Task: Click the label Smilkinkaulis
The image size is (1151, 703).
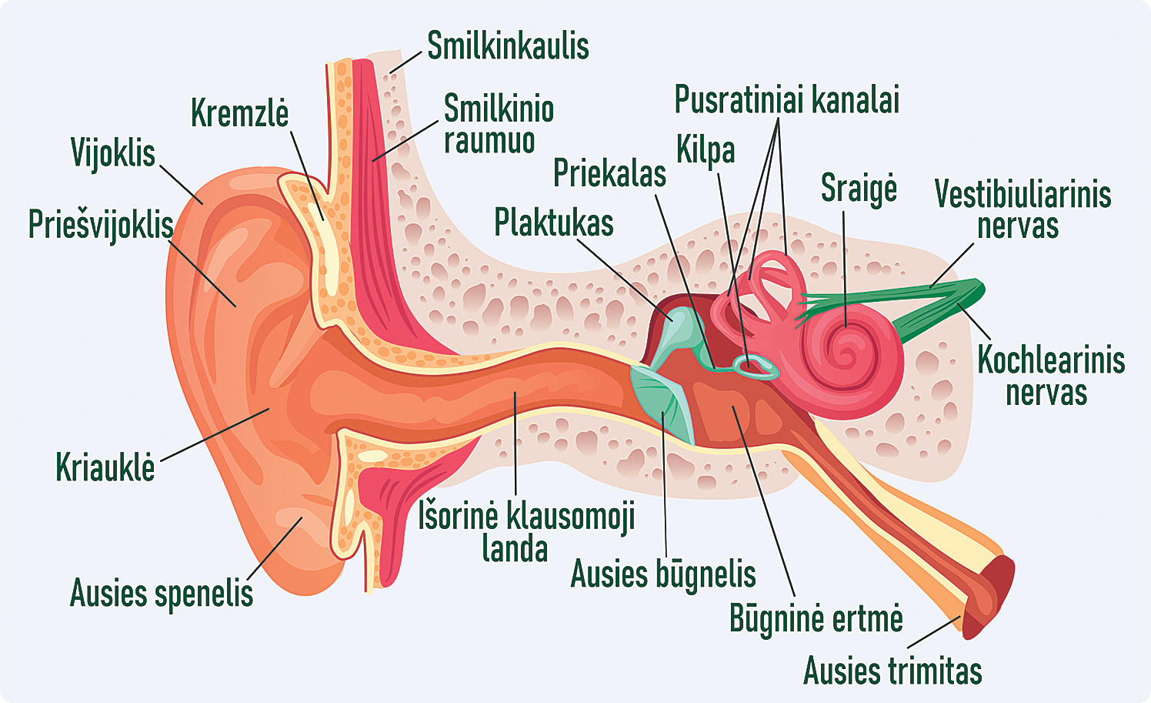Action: (x=508, y=45)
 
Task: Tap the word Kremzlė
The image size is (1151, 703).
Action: (x=239, y=112)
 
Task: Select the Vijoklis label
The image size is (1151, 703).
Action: (x=112, y=152)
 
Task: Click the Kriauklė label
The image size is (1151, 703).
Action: (x=105, y=466)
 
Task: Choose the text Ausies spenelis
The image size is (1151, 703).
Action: (x=162, y=593)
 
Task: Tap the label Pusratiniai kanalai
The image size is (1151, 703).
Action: (x=786, y=99)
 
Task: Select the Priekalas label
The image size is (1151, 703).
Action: (x=609, y=172)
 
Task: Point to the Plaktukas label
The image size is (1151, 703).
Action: (x=554, y=223)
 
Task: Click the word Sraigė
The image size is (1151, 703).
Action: (x=859, y=189)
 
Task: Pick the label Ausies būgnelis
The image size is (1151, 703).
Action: (x=663, y=574)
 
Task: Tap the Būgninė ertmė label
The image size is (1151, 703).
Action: (x=816, y=618)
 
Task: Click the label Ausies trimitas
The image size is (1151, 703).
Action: (x=892, y=670)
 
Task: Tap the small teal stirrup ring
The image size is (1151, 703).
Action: (x=756, y=367)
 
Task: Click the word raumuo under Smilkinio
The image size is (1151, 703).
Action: (x=489, y=140)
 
